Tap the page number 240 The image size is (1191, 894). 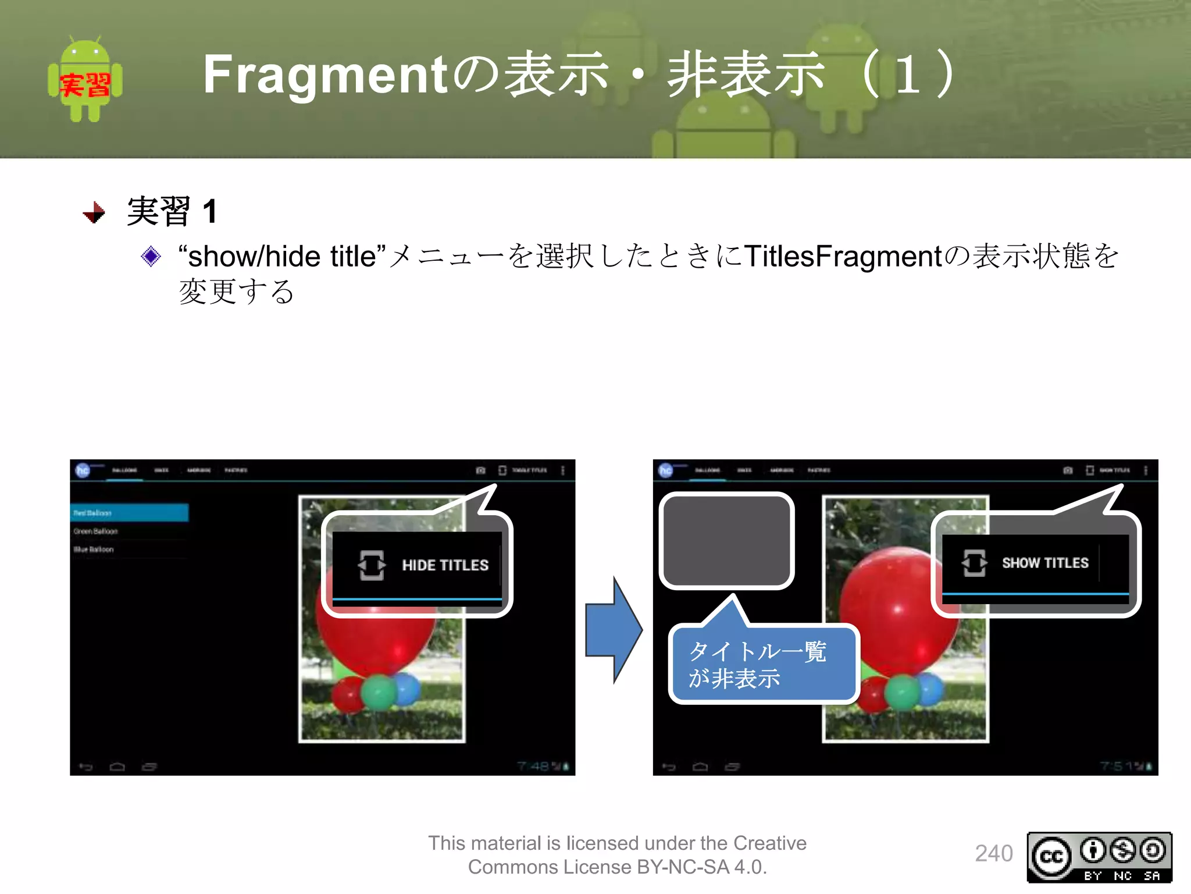click(993, 853)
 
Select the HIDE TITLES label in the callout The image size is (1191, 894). click(445, 565)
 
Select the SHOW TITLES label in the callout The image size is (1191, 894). click(1044, 563)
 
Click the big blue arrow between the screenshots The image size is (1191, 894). click(614, 630)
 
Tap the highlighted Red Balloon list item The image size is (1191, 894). click(129, 513)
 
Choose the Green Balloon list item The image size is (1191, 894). click(96, 531)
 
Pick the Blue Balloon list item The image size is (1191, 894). click(94, 549)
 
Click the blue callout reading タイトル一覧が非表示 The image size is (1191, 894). click(763, 664)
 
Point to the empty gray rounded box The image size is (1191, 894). click(727, 540)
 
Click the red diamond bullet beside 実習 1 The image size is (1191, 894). click(94, 212)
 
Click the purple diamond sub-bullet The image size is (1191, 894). click(151, 256)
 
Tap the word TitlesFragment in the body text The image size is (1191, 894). click(843, 256)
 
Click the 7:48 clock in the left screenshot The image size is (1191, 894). click(533, 766)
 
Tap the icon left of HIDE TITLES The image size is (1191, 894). click(371, 565)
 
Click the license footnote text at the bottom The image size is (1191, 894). click(617, 854)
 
